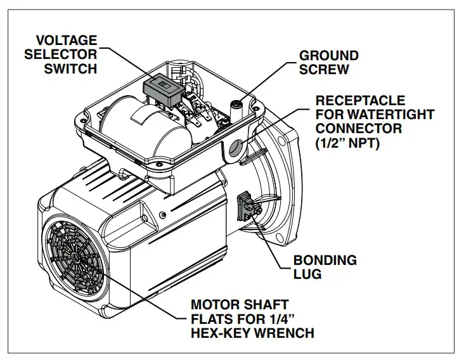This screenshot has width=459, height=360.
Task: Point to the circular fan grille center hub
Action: point(74,257)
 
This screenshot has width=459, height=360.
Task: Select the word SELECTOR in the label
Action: point(61,54)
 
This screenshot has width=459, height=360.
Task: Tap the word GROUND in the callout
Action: point(328,56)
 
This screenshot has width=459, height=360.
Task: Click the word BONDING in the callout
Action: point(325,260)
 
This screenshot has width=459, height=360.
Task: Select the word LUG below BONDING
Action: point(307,274)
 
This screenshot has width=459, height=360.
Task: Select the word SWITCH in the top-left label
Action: point(70,68)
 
